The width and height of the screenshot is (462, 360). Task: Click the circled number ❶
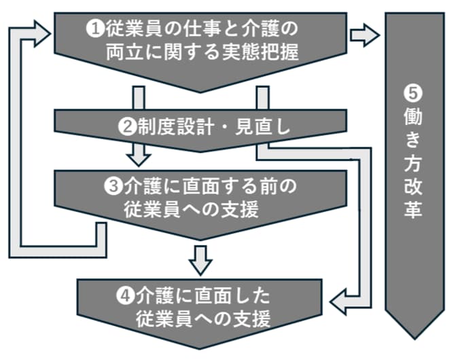click(95, 29)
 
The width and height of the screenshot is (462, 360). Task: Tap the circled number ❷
click(127, 127)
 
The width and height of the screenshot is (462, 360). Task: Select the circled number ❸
click(113, 186)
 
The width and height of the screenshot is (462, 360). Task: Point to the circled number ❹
click(126, 295)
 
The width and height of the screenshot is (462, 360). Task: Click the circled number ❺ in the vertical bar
click(413, 93)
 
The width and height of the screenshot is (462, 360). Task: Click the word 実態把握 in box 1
click(260, 52)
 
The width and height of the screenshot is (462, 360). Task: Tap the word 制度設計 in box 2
click(175, 127)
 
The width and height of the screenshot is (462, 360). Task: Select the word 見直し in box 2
click(262, 127)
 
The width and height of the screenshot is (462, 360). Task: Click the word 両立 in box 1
click(124, 52)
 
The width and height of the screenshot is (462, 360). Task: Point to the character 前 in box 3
click(268, 186)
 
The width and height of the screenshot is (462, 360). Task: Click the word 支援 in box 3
click(240, 209)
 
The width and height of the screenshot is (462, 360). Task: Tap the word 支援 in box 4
click(251, 319)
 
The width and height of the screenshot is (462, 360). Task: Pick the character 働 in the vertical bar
click(413, 117)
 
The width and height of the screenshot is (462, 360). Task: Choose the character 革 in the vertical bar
click(413, 210)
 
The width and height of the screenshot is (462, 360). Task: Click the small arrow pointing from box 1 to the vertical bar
click(365, 35)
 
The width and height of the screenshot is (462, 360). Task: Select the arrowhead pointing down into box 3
click(139, 160)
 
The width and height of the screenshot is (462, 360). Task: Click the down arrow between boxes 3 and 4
click(200, 261)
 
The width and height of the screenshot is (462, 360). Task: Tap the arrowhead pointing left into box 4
click(338, 302)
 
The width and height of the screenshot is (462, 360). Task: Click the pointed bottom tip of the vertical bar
click(414, 339)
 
